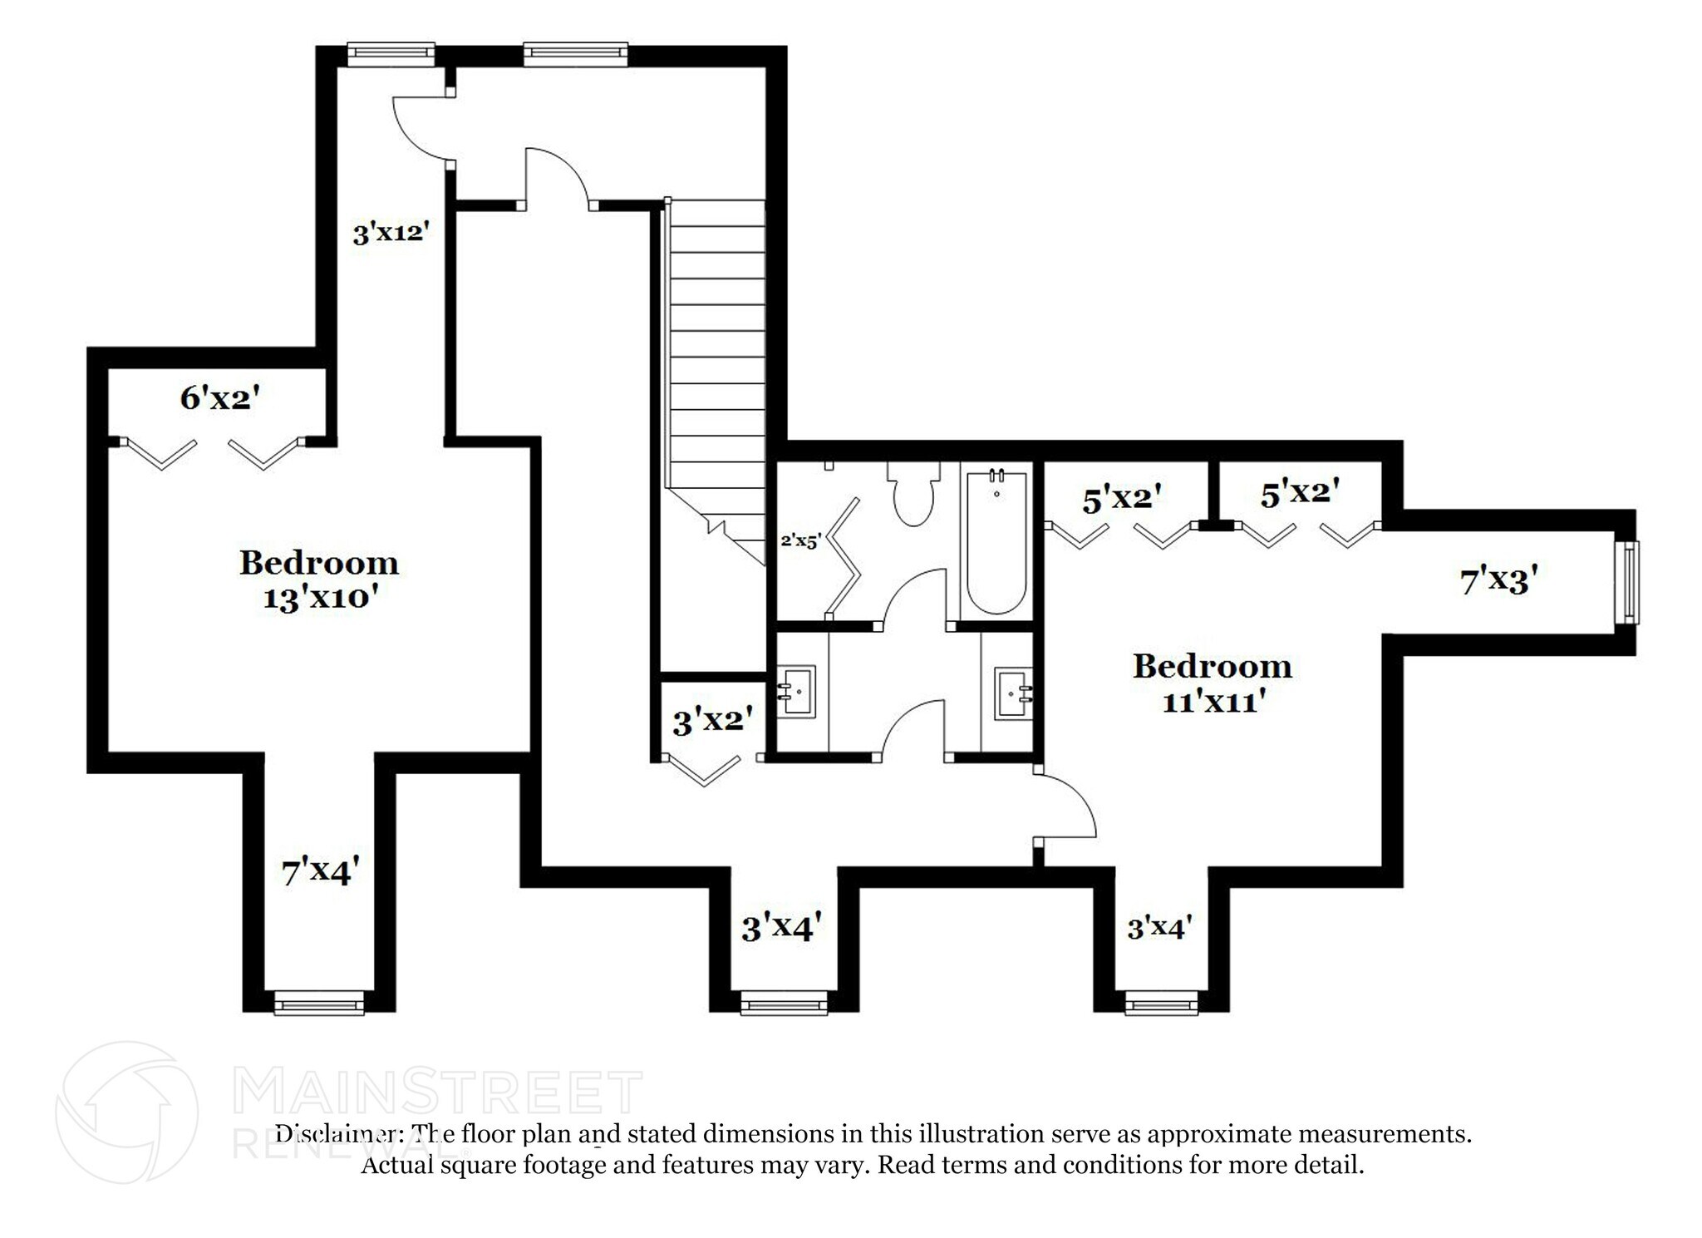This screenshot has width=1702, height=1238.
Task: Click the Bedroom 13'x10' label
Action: pyautogui.click(x=318, y=580)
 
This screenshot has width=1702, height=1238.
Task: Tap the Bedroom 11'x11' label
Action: pyautogui.click(x=1212, y=683)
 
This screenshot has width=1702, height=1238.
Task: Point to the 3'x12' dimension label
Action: pyautogui.click(x=391, y=233)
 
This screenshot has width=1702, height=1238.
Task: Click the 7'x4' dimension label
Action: pyautogui.click(x=320, y=872)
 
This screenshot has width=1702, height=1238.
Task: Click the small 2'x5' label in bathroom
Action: pyautogui.click(x=800, y=540)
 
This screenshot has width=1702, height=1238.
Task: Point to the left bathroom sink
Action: pyautogui.click(x=798, y=690)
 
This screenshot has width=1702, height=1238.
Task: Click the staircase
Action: pyautogui.click(x=715, y=349)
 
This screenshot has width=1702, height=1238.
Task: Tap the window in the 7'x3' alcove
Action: pyautogui.click(x=1627, y=581)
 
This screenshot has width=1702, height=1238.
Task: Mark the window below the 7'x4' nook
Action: pyautogui.click(x=319, y=1003)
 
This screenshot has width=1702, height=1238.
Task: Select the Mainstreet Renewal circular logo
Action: pyautogui.click(x=126, y=1112)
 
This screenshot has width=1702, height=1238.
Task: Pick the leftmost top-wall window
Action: pyautogui.click(x=391, y=55)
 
